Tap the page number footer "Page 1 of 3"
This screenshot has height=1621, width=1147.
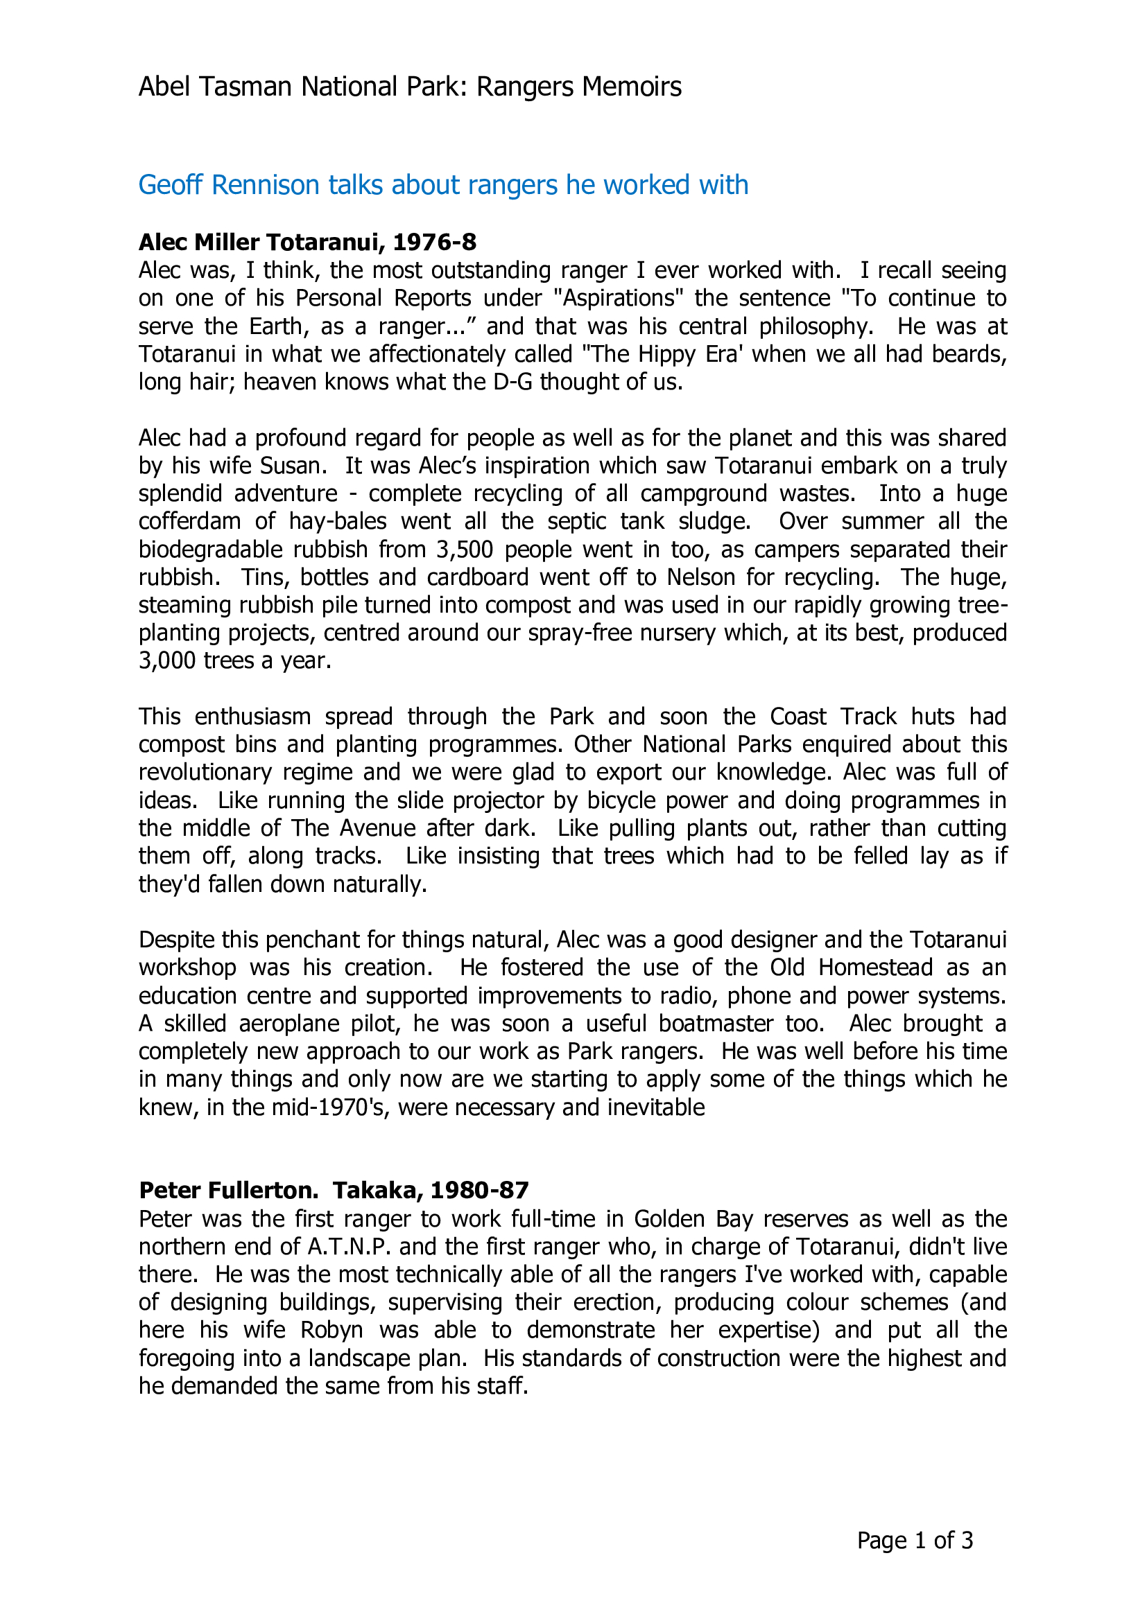point(915,1540)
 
